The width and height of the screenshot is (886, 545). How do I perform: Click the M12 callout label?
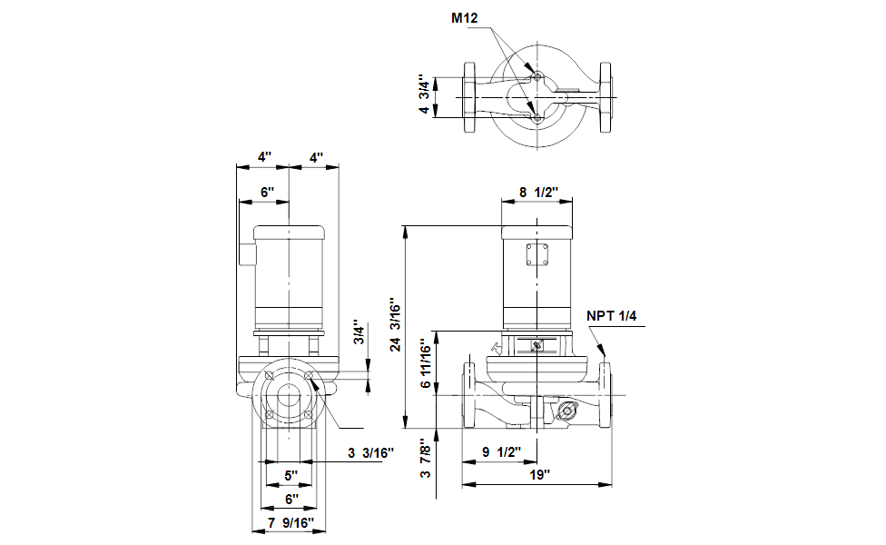coord(464,18)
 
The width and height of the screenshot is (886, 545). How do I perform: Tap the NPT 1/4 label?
coord(611,316)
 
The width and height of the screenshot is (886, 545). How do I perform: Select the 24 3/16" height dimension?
coord(396,325)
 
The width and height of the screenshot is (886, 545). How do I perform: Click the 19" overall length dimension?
coord(539,475)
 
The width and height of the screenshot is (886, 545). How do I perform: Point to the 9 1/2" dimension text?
coord(501,452)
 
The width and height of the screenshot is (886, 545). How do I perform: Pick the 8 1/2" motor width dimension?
coord(538,193)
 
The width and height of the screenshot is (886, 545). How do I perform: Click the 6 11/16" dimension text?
coord(426,363)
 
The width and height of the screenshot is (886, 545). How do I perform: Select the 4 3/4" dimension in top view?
coord(424,94)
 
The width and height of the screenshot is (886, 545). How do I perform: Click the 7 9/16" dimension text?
coord(290,523)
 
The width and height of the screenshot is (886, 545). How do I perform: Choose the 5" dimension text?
coord(290,475)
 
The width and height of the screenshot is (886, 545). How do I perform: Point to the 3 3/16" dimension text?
coord(370,453)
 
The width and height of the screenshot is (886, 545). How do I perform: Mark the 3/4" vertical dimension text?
coord(359,333)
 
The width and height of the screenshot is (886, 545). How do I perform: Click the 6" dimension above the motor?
coord(267,193)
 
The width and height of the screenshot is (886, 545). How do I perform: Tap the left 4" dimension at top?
coord(264,157)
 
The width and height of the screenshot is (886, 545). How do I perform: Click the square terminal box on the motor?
coord(537,254)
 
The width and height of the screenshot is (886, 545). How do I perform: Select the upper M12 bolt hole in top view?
coord(537,77)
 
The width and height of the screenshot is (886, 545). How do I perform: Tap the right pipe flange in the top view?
coord(605,97)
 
